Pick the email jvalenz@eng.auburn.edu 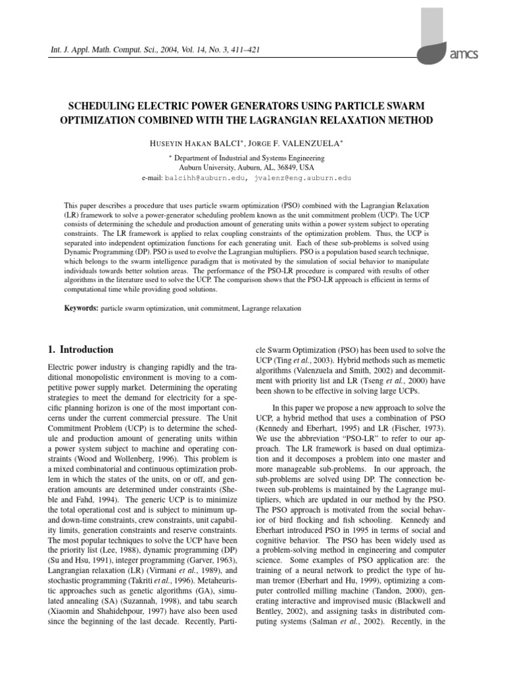303,178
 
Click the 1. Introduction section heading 82,350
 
